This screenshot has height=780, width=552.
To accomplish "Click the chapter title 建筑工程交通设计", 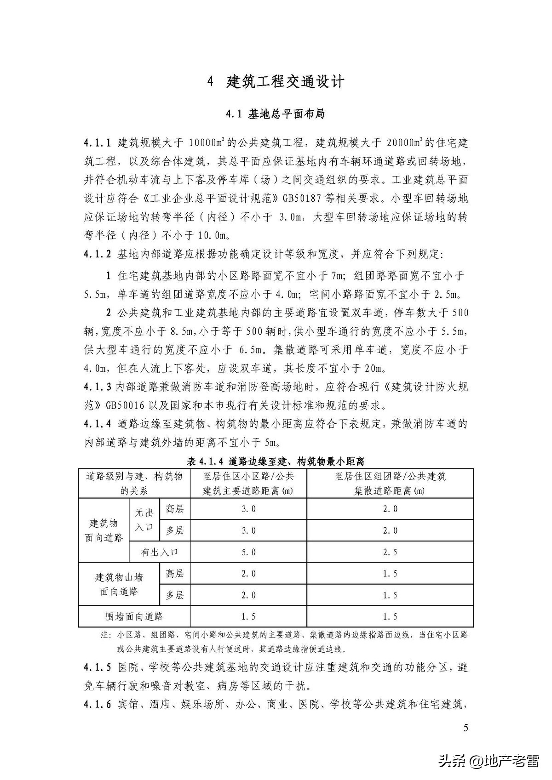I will pos(286,82).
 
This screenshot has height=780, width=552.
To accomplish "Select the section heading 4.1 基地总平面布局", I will pos(275,114).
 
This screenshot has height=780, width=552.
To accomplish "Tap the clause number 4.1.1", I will pos(97,142).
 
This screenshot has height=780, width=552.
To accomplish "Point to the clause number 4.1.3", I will pos(97,387).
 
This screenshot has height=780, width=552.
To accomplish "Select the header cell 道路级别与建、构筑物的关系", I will pos(134,484).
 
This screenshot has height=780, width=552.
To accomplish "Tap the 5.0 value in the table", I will pos(248,552).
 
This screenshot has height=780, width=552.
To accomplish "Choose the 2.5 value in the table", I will pos(390,552).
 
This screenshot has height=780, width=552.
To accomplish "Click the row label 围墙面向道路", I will pos(134,616).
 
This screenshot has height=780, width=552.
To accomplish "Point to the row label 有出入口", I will pos(159,552).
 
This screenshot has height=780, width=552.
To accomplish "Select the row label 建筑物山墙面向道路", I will pos(119,584).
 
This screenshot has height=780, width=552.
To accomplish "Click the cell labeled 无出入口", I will pos(144,520).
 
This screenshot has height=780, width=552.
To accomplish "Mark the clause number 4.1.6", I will pos(97,704).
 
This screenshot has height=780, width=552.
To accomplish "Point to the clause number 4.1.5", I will pos(97,667).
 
